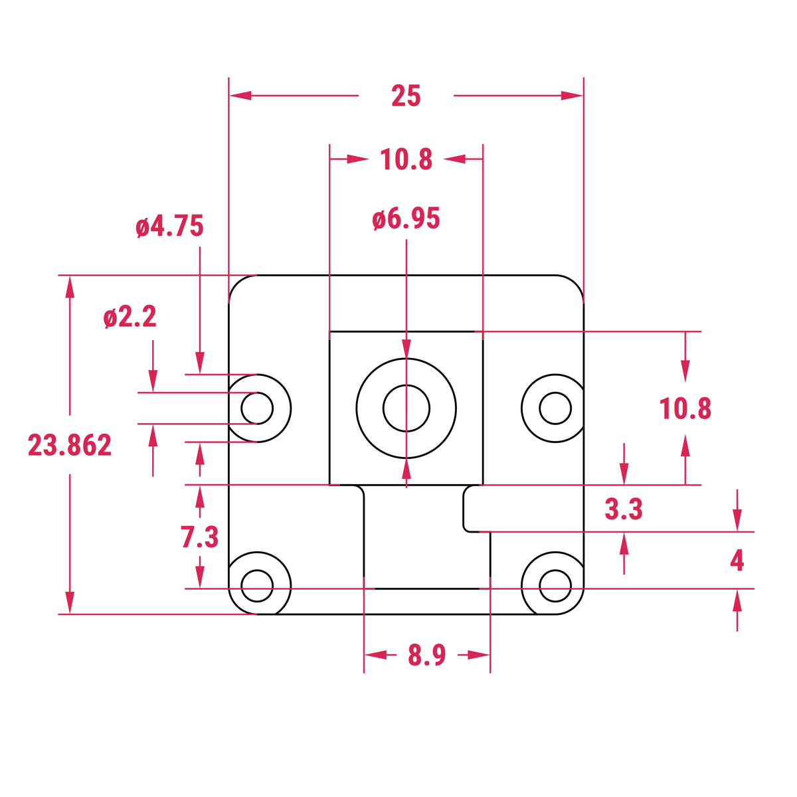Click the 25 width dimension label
[x=406, y=96]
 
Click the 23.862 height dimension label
[x=70, y=445]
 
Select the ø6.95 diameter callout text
[x=406, y=219]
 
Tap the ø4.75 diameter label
[x=169, y=226]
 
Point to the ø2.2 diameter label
[x=130, y=317]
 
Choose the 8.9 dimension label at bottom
[x=427, y=656]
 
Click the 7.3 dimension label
[x=199, y=537]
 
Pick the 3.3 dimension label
[x=624, y=509]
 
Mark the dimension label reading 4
[x=737, y=561]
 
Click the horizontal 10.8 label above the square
[x=406, y=160]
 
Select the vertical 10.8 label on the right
[x=685, y=409]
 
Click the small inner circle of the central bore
[x=406, y=408]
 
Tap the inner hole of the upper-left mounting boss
[x=257, y=408]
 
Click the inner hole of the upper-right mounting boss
[x=555, y=408]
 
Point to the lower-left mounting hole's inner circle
[x=257, y=585]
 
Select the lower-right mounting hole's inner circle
[x=555, y=585]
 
